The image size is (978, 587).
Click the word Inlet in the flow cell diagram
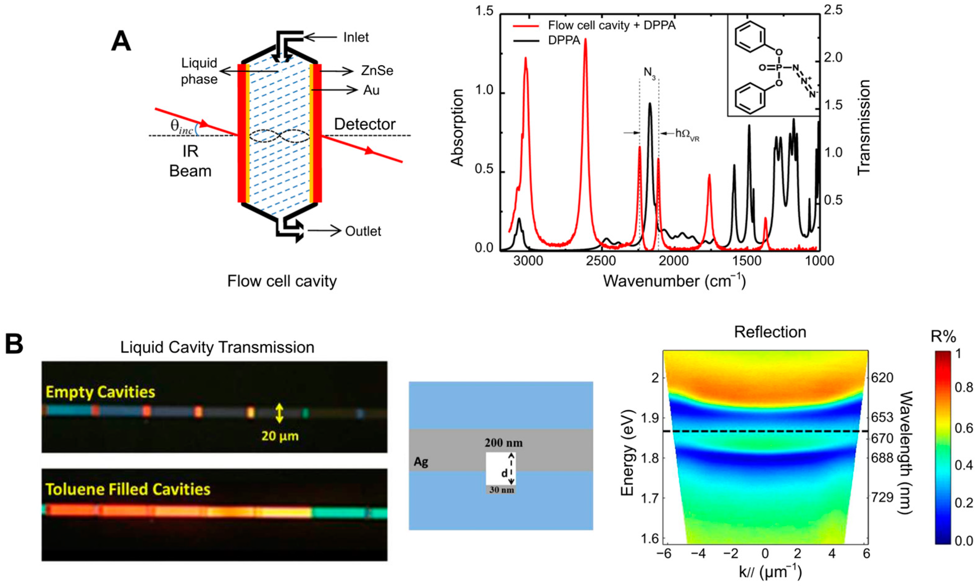(x=356, y=38)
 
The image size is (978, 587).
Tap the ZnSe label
(x=377, y=71)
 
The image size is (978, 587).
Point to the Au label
(x=371, y=90)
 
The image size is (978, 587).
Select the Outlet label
(x=363, y=231)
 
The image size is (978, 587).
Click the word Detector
(x=365, y=124)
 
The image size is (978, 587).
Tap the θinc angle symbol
(x=182, y=126)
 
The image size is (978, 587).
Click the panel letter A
(x=121, y=42)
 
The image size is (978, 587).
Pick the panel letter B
(x=14, y=344)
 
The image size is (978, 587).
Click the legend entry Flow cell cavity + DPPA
(x=611, y=26)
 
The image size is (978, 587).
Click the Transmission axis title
(x=864, y=127)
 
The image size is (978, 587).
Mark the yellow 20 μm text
(x=280, y=436)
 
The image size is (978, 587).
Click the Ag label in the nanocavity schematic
(x=421, y=462)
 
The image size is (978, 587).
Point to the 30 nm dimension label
(x=501, y=490)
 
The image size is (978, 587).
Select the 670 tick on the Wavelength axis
(x=882, y=438)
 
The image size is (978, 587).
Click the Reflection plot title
(x=770, y=332)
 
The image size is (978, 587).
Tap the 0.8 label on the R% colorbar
(x=963, y=387)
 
